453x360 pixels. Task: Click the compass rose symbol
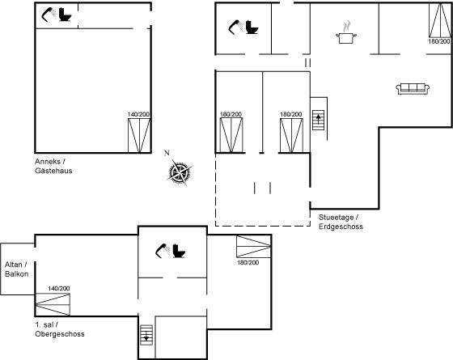(x=180, y=172)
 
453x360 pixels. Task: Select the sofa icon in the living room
(x=413, y=89)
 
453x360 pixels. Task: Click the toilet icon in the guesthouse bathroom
(x=65, y=15)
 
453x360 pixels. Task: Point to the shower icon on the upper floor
(x=162, y=251)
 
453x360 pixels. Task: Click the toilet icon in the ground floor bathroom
(x=252, y=28)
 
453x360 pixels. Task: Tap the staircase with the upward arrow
(x=319, y=120)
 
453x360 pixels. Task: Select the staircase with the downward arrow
(x=146, y=335)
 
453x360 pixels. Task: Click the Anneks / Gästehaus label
(x=53, y=166)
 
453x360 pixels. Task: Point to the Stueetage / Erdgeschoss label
(x=341, y=222)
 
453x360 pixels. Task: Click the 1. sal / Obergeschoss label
(x=60, y=329)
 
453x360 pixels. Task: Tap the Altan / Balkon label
(x=16, y=269)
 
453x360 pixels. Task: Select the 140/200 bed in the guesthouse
(x=139, y=135)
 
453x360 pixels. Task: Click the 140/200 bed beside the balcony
(x=53, y=304)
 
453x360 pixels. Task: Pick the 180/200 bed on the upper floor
(x=254, y=247)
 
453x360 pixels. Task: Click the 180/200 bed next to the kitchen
(x=440, y=20)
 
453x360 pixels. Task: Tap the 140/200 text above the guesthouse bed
(x=138, y=114)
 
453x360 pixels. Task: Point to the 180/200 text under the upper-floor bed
(x=248, y=263)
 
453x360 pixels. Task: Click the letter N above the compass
(x=167, y=153)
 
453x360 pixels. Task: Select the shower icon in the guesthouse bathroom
(x=49, y=15)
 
